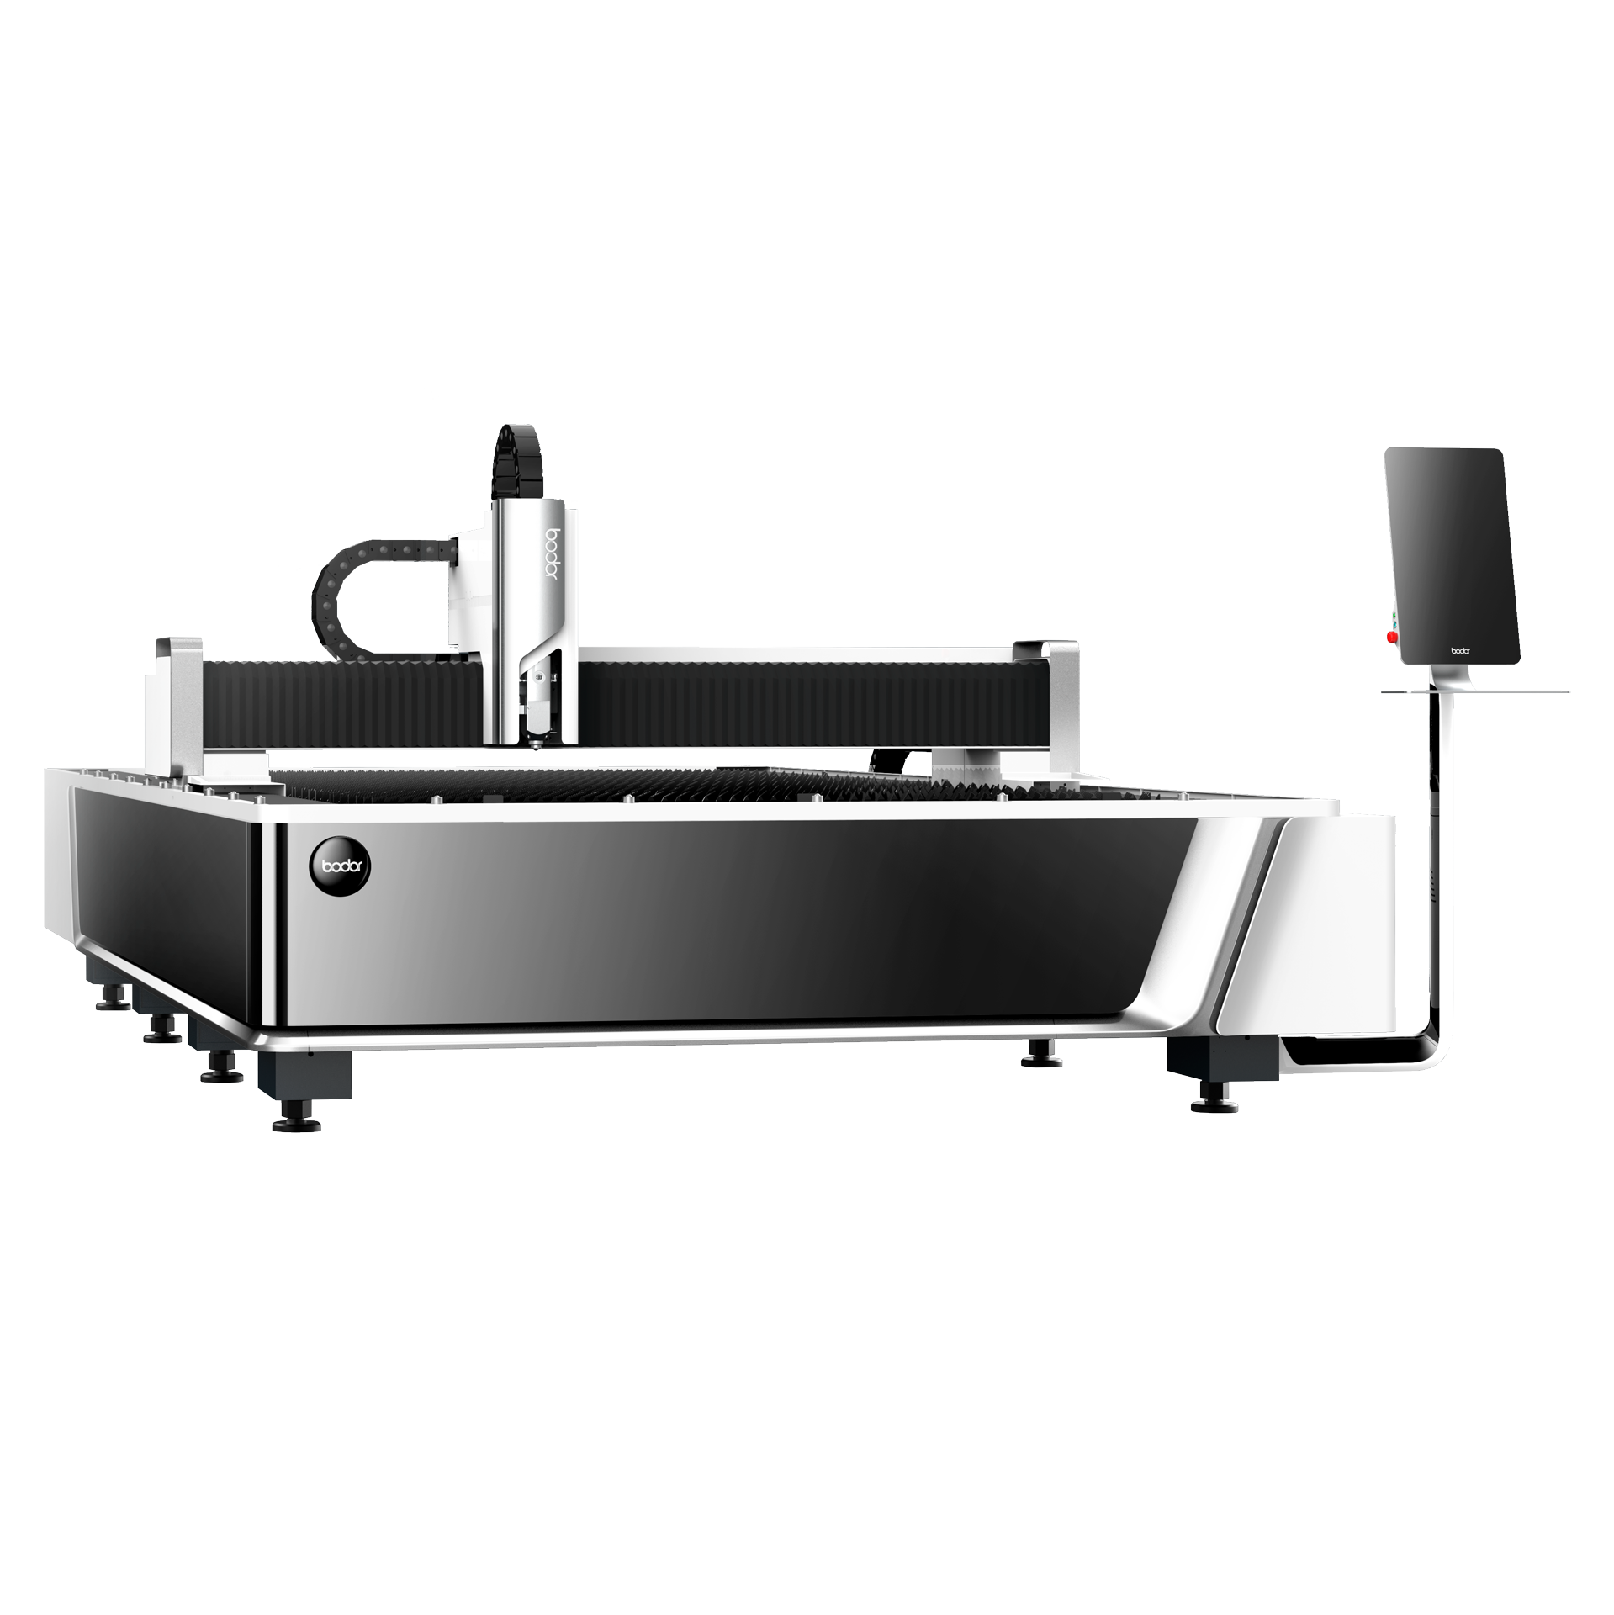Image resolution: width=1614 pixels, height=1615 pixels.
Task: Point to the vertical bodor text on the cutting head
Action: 553,554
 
